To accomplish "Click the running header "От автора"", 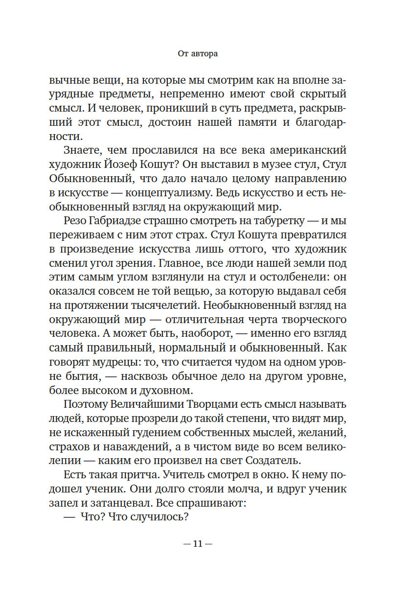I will pyautogui.click(x=198, y=54).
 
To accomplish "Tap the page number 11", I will pyautogui.click(x=198, y=544).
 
